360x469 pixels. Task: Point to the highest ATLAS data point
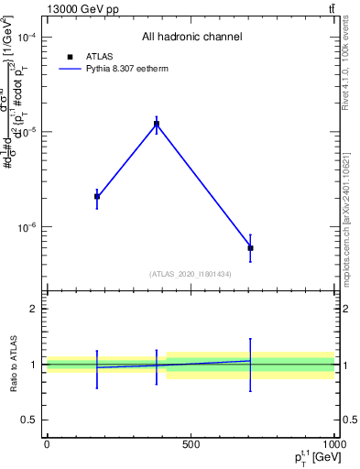(157, 124)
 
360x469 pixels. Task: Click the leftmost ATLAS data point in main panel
(97, 196)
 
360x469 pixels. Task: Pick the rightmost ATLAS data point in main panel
(250, 248)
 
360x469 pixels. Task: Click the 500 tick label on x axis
(191, 445)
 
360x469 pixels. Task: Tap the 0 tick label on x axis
(47, 445)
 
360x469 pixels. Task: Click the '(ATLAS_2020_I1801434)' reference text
(191, 274)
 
